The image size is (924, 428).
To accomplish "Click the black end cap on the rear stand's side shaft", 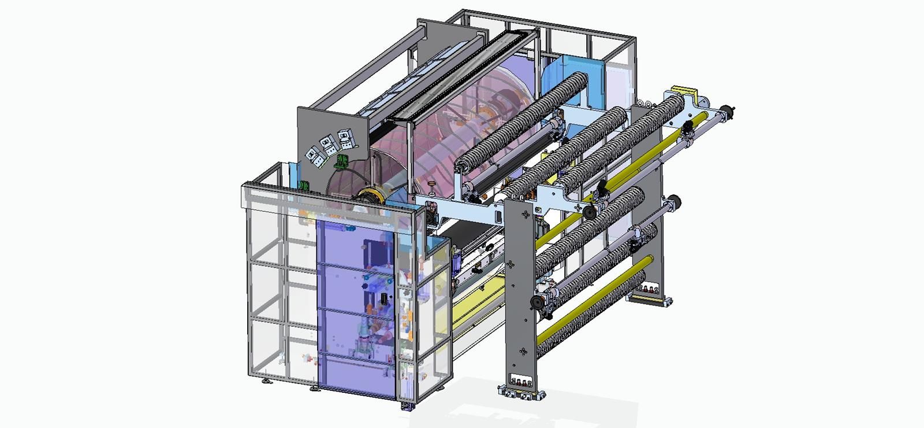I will click(675, 202).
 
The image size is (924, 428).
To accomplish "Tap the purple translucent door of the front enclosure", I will click(355, 307).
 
